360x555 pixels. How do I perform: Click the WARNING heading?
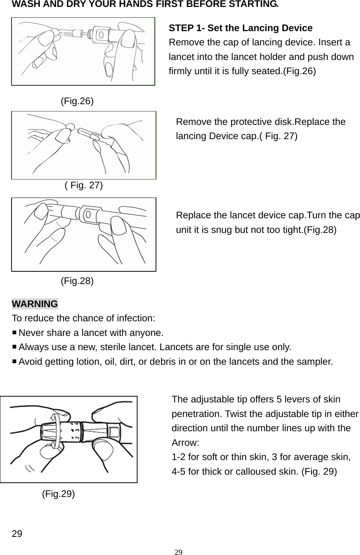coord(35,304)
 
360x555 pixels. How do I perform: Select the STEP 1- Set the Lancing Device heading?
coord(241,28)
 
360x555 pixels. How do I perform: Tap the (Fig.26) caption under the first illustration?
coord(77,101)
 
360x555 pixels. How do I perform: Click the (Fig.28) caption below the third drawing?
coord(77,281)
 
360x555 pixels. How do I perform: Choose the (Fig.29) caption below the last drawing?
coord(58,494)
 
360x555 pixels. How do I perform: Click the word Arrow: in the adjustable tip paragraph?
coord(185,442)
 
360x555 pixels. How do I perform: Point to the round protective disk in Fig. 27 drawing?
coord(70,126)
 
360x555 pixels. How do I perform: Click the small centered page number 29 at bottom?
coord(178,552)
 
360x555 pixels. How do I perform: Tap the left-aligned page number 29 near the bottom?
coord(17,534)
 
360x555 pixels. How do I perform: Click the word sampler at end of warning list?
coord(317,362)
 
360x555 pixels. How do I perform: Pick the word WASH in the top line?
coord(24,4)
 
